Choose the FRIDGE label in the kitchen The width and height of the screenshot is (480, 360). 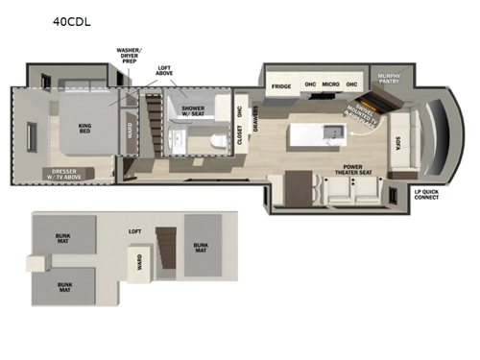280,86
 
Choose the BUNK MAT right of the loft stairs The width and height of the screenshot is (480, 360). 201,248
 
